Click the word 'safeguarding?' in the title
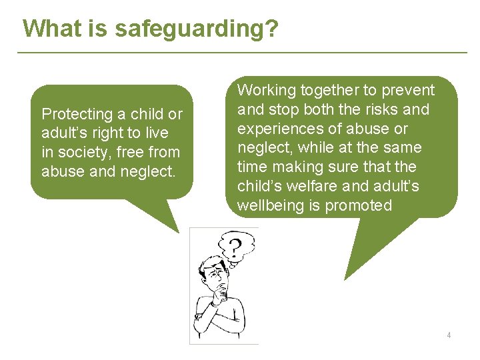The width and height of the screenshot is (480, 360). tap(197, 29)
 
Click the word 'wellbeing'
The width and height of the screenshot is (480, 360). tap(270, 205)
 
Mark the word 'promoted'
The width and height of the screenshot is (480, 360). tap(359, 205)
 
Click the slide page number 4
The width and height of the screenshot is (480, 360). tap(449, 335)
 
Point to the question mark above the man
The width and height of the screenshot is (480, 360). tap(233, 247)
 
